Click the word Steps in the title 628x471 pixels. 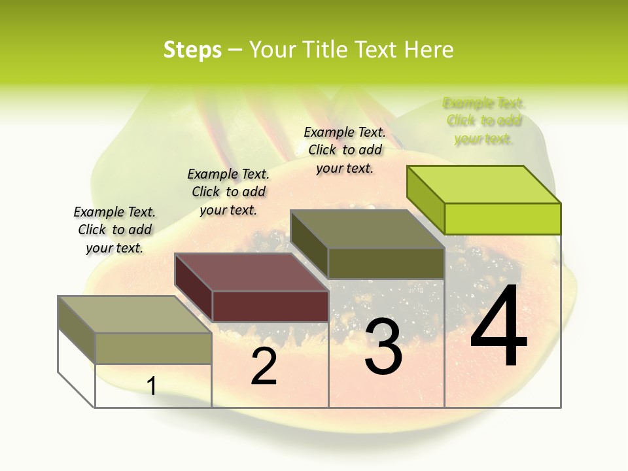click(192, 50)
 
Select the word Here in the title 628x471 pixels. click(429, 50)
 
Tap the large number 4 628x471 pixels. click(498, 326)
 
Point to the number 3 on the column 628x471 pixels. click(383, 347)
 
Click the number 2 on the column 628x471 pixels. click(264, 366)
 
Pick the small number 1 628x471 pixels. click(152, 386)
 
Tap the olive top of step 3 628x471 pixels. click(368, 229)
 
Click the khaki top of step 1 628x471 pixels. click(134, 315)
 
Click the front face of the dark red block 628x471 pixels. click(270, 306)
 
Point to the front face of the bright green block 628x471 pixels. click(502, 218)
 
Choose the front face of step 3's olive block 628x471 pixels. click(386, 263)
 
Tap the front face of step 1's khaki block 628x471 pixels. click(153, 348)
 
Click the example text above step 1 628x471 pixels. click(114, 230)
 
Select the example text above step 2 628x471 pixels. click(228, 192)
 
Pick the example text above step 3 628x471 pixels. click(345, 150)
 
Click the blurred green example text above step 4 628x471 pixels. click(484, 120)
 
